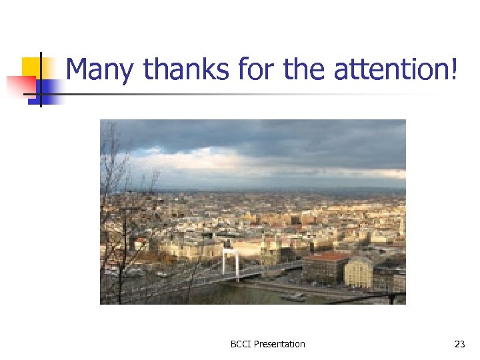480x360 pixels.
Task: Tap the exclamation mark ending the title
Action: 455,70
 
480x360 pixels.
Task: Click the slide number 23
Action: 459,345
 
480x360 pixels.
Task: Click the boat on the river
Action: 293,297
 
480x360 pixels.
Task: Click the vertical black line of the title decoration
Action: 40,80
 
